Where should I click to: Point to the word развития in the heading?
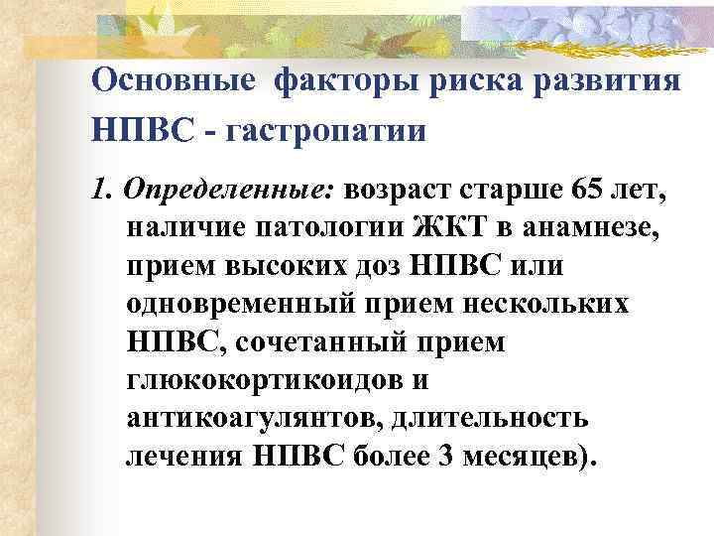click(613, 81)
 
